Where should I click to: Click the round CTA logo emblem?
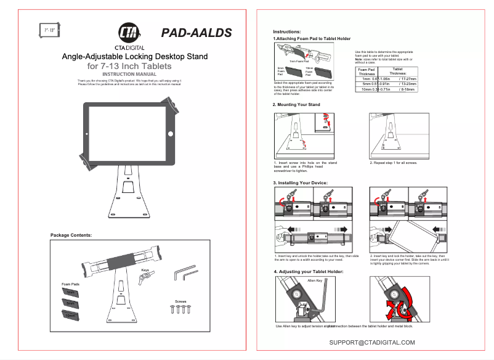click(129, 33)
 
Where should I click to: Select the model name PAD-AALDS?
click(196, 33)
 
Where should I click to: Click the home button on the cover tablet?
click(171, 133)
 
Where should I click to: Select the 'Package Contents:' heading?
click(71, 235)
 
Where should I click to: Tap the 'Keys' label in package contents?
click(145, 270)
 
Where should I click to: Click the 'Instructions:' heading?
click(287, 31)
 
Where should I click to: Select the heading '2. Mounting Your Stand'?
click(297, 105)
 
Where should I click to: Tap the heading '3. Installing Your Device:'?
click(301, 183)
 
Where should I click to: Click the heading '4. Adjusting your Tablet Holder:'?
click(308, 271)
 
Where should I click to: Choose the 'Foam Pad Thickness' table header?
click(367, 72)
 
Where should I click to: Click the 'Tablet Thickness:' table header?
click(398, 72)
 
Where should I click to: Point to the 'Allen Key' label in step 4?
click(315, 280)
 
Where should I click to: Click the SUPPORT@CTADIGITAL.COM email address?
click(372, 342)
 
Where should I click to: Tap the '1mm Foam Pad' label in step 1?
click(299, 62)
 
